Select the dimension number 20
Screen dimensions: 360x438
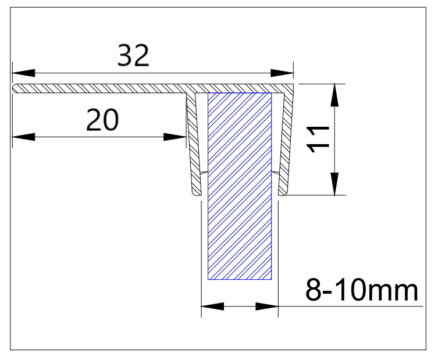pyautogui.click(x=102, y=120)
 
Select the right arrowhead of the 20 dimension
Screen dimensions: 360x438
pyautogui.click(x=175, y=137)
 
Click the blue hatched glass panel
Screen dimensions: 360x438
pyautogui.click(x=240, y=186)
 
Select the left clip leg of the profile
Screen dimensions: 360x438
pyautogui.click(x=193, y=145)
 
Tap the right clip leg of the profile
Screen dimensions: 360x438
pyautogui.click(x=285, y=145)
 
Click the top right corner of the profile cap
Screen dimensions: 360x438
pyautogui.click(x=292, y=85)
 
